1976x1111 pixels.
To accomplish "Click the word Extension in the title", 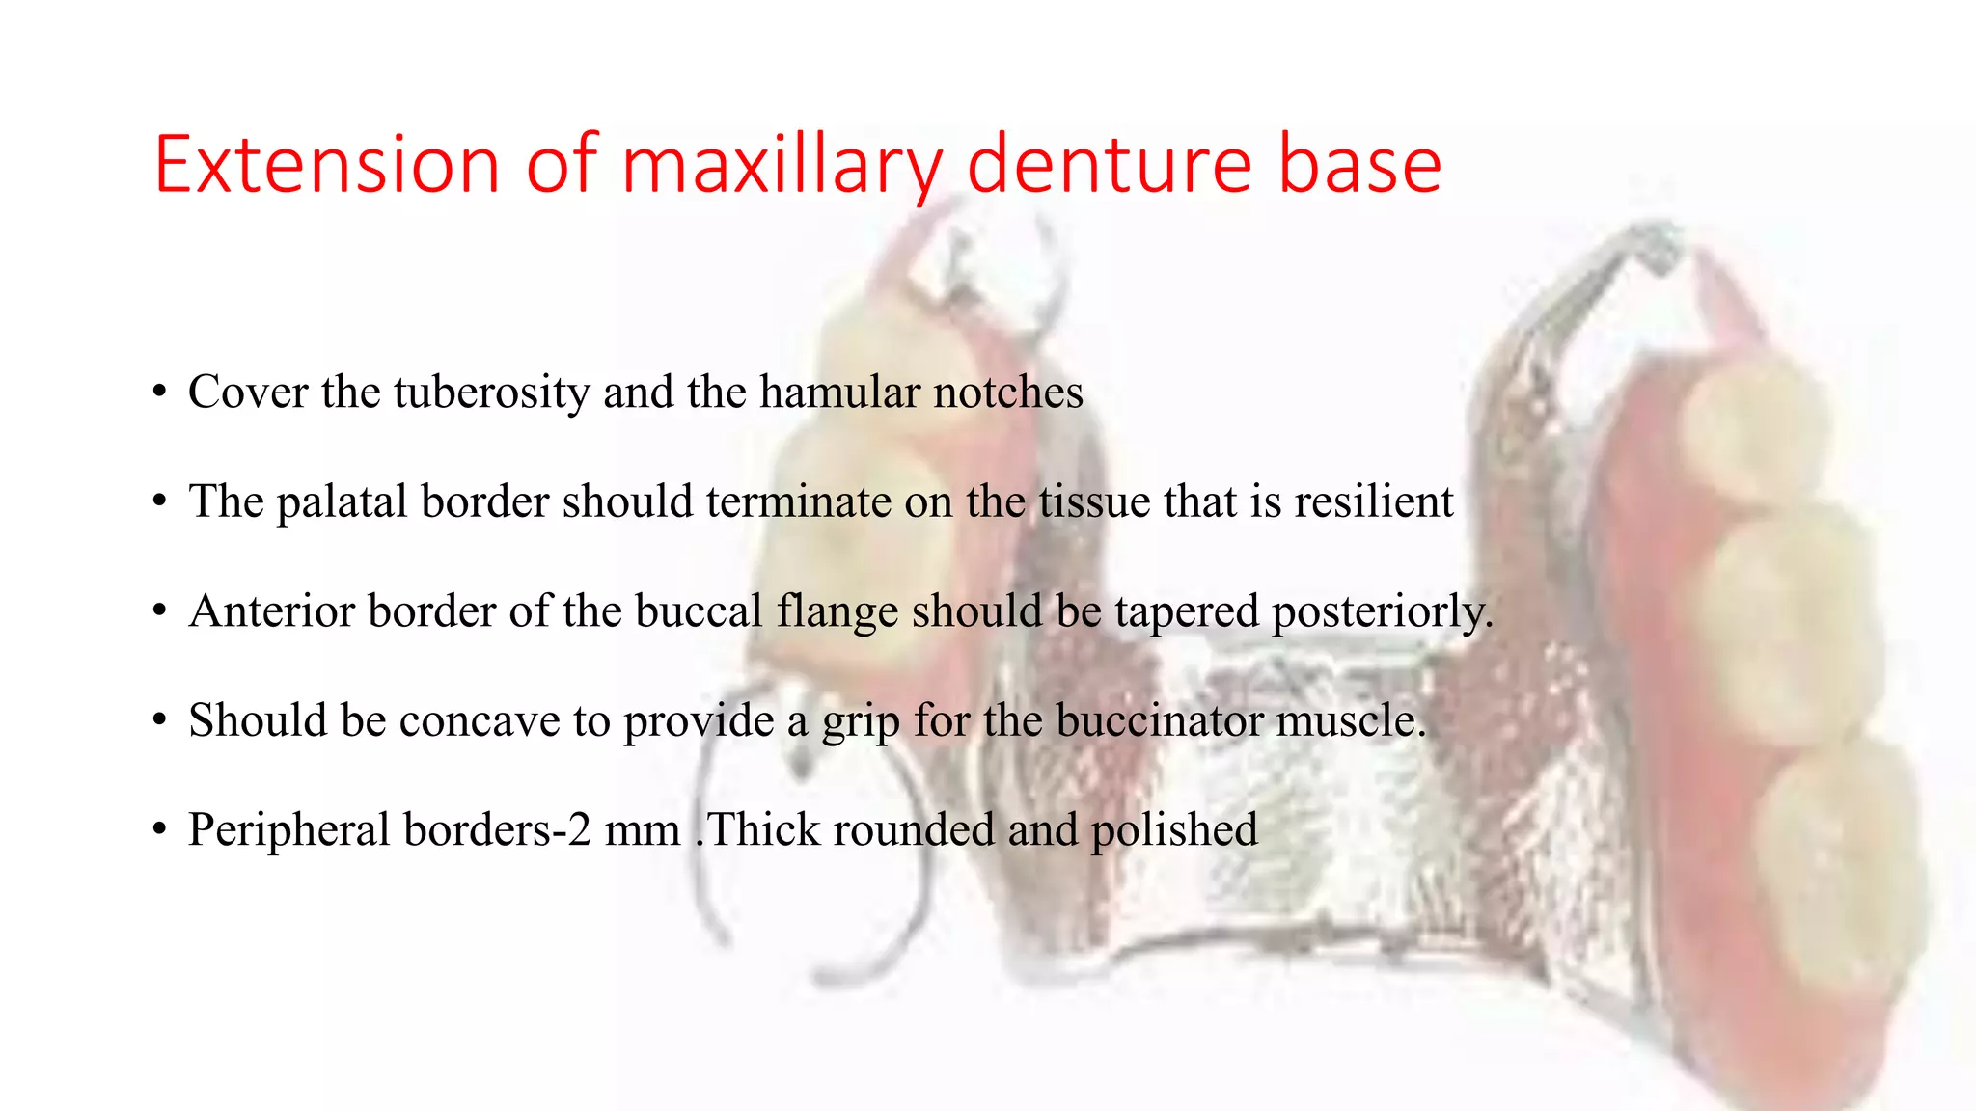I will (x=327, y=165).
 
